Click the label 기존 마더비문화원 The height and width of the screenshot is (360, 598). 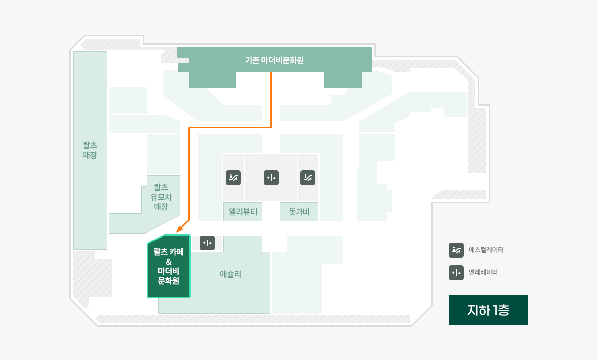(x=274, y=60)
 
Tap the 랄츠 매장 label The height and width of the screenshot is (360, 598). (x=90, y=150)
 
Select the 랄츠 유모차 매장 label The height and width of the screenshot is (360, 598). (x=161, y=197)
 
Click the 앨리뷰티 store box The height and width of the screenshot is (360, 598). (x=243, y=212)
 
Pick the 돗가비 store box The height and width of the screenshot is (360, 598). (x=299, y=212)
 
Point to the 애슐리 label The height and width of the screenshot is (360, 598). (x=230, y=274)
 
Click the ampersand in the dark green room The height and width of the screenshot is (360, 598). (x=169, y=262)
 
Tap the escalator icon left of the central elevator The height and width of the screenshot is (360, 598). (x=233, y=178)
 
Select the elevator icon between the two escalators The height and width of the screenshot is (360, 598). (x=271, y=178)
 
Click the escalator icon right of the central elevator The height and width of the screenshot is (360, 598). (x=308, y=178)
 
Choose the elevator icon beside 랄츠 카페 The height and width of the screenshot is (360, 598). (x=207, y=243)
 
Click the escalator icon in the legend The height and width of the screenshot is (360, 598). (x=456, y=250)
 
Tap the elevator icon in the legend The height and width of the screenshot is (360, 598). (x=456, y=273)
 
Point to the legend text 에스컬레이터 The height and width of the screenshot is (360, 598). (x=486, y=250)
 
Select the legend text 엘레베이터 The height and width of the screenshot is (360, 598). (x=483, y=272)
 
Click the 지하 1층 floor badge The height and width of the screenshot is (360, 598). (x=488, y=310)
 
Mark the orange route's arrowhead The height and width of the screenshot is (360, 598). (x=180, y=229)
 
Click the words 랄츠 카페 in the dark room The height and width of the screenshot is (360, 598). (x=169, y=252)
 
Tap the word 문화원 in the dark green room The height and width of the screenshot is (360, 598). (x=169, y=281)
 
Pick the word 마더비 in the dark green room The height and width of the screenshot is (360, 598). (x=169, y=271)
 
